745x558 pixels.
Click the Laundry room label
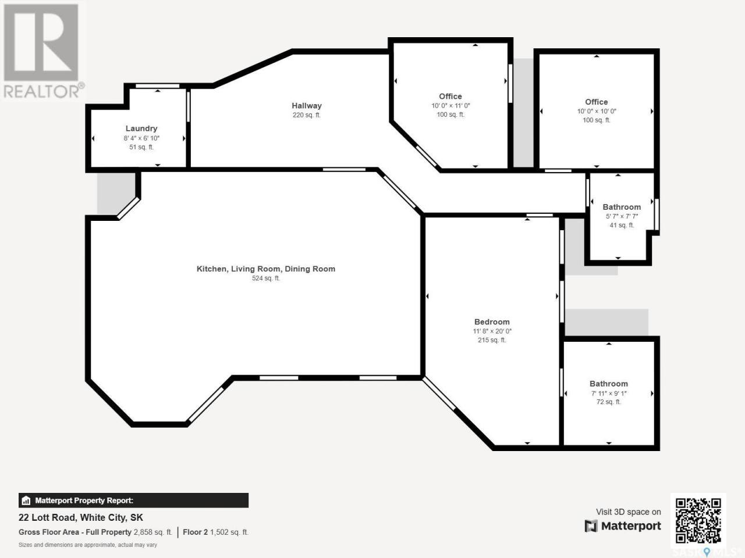coord(141,128)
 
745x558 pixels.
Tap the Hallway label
coord(307,106)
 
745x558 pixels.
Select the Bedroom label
coord(492,322)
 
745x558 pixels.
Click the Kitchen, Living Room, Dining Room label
coord(266,269)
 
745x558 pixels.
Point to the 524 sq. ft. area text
coord(266,278)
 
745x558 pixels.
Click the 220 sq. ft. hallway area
coord(307,115)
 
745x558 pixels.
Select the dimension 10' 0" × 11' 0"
coord(450,106)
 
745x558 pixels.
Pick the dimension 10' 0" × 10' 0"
coord(597,111)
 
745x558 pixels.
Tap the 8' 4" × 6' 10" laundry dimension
coord(141,138)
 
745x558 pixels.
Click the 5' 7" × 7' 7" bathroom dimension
coord(622,216)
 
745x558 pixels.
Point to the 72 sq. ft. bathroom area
coord(609,402)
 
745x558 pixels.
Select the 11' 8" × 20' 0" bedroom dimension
coord(492,331)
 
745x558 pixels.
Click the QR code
coord(698,521)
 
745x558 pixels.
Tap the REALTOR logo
coord(42,51)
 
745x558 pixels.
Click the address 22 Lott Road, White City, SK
coord(81,518)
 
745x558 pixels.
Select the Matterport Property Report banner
coord(133,500)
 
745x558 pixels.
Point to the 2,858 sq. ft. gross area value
coord(152,532)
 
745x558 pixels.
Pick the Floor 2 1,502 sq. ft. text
coord(215,532)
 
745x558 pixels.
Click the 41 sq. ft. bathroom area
coord(622,225)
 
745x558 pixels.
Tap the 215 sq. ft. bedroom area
coord(492,340)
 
